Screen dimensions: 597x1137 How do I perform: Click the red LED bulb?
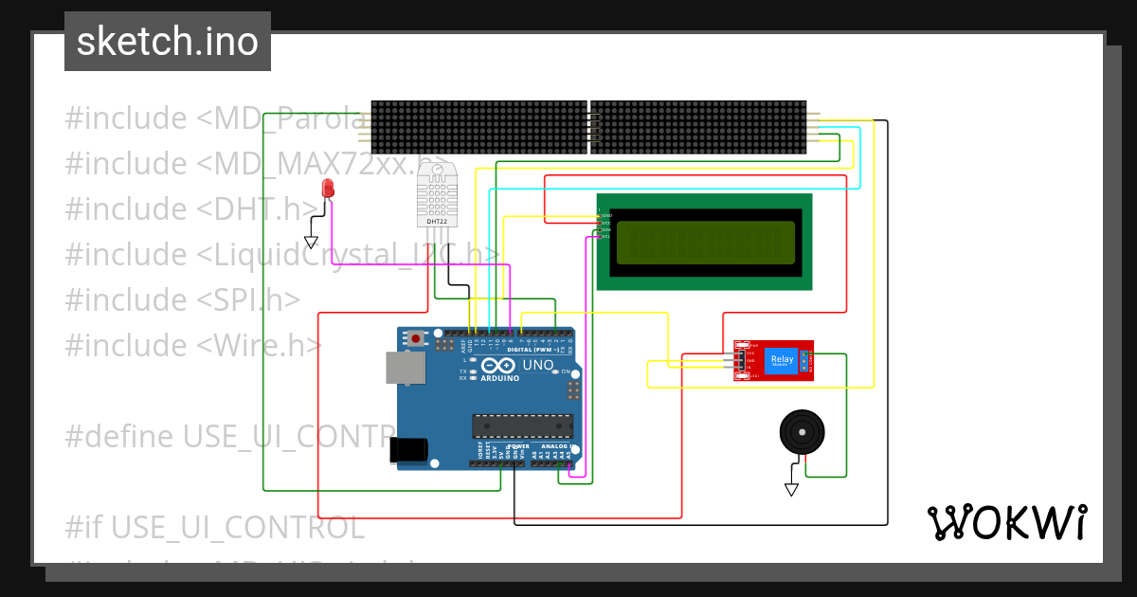(x=328, y=188)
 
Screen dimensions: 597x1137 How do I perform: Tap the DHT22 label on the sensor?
(x=436, y=222)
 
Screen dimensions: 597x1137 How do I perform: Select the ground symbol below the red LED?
(x=313, y=242)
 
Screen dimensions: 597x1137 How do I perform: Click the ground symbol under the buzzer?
(x=791, y=489)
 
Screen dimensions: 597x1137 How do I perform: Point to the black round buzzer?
(x=802, y=433)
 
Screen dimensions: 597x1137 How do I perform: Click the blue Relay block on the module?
(x=782, y=360)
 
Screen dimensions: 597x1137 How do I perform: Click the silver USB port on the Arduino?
(x=400, y=368)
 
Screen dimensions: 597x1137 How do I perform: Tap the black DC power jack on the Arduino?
(x=409, y=448)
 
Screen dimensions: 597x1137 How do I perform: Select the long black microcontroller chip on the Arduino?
(x=522, y=427)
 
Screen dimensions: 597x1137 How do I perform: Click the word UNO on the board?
(x=537, y=365)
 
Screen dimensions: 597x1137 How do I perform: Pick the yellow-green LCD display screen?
(x=705, y=243)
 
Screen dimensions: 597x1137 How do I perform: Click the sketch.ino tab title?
(x=168, y=42)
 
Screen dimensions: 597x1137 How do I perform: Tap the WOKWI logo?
(x=1006, y=522)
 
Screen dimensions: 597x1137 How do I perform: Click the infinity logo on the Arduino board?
(x=498, y=365)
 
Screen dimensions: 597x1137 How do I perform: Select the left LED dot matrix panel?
(x=478, y=127)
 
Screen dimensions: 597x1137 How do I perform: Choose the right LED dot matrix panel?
(x=697, y=127)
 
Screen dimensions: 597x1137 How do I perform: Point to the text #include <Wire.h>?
(x=193, y=344)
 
